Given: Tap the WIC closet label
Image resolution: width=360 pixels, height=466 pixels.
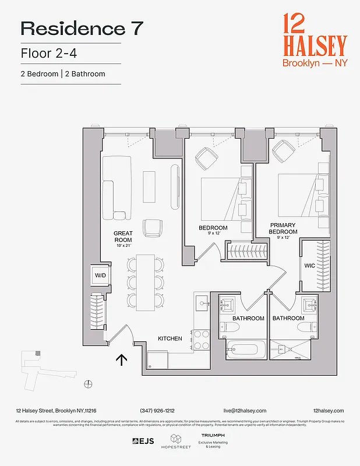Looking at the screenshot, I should (x=309, y=266).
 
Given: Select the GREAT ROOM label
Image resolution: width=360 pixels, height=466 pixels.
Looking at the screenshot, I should (x=123, y=236).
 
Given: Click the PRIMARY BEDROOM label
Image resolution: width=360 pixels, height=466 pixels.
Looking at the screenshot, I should (x=283, y=228).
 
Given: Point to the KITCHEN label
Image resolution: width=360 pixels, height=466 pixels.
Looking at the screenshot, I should (x=170, y=338).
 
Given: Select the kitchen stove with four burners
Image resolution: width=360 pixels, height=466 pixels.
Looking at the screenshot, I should (x=201, y=339).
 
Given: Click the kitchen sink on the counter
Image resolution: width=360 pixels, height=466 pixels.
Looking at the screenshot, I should (x=201, y=303).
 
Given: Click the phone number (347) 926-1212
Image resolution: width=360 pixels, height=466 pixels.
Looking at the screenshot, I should (x=157, y=411).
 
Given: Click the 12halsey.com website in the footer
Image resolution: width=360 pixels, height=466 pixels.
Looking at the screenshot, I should (x=328, y=411).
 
